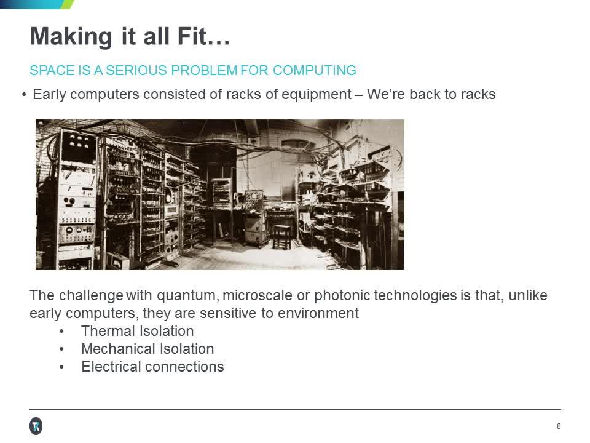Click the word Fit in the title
[x=207, y=36]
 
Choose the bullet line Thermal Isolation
[x=137, y=331]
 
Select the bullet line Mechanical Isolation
[x=147, y=349]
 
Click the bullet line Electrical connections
[x=152, y=367]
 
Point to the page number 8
[x=558, y=426]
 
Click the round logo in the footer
[x=36, y=426]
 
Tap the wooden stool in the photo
[x=281, y=236]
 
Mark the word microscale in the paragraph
[x=258, y=295]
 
